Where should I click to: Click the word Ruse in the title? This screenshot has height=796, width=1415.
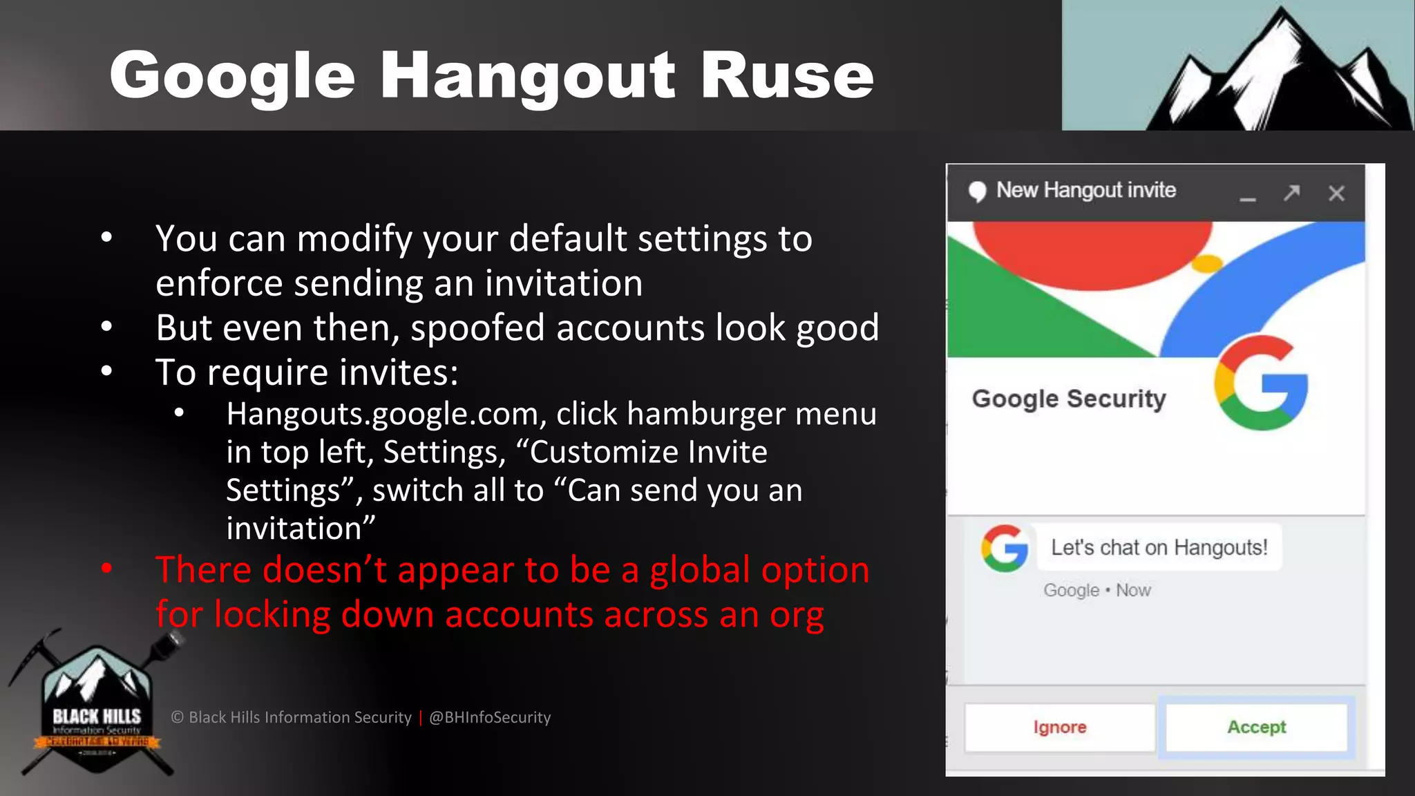787,75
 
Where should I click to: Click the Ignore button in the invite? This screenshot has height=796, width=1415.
1059,727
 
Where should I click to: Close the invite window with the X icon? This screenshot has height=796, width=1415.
1336,193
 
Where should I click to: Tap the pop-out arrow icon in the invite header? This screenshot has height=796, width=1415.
1291,192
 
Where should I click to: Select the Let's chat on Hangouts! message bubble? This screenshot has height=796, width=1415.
1159,547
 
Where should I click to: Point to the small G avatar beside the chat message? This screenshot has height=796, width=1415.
1005,548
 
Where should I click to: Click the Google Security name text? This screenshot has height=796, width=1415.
1068,399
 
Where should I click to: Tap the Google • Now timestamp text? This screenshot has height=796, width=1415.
1096,590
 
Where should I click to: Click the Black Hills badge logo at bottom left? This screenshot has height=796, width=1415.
97,708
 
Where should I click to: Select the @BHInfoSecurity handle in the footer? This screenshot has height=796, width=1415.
490,717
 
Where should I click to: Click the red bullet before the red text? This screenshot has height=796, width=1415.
106,569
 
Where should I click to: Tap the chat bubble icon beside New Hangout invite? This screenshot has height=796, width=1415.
977,191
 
